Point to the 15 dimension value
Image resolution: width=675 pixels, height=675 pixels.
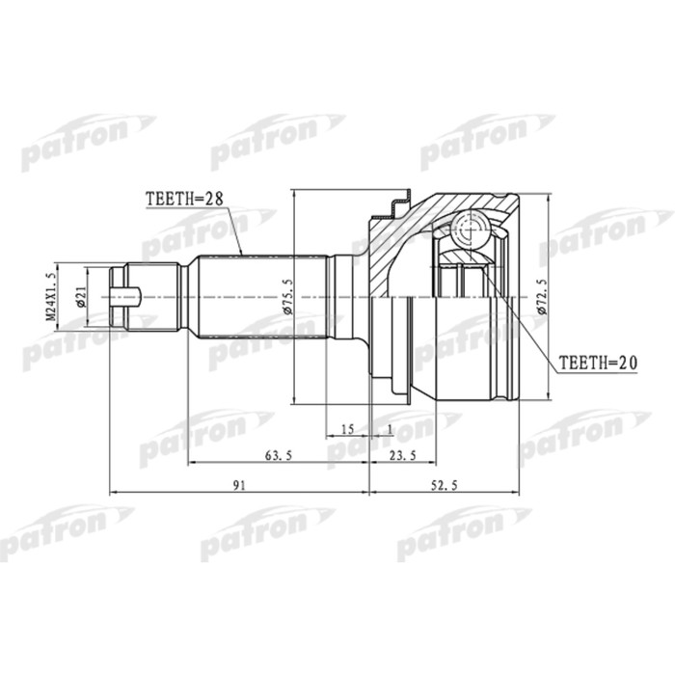pos(348,427)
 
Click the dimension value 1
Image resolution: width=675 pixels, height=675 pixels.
pos(389,427)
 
